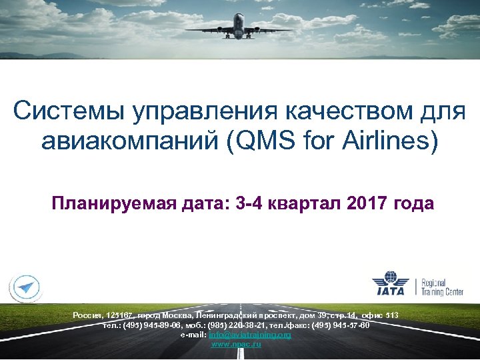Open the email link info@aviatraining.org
(x=250, y=334)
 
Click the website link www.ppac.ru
(x=236, y=343)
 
